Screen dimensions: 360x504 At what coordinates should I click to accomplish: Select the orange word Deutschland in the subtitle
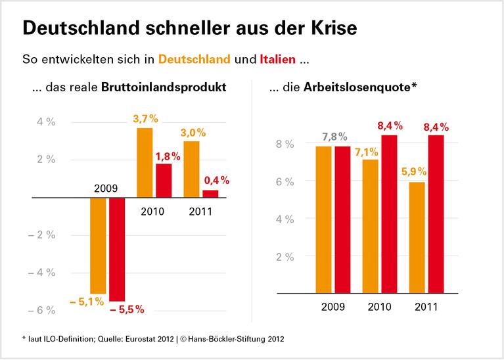pos(195,60)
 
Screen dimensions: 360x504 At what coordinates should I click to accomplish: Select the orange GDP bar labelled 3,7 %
pos(145,162)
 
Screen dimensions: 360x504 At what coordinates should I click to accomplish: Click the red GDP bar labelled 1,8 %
pos(164,180)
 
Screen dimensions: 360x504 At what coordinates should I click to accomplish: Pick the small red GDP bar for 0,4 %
pos(210,193)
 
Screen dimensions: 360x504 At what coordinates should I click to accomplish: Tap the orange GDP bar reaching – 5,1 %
pos(98,245)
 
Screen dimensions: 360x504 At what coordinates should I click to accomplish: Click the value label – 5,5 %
pos(126,309)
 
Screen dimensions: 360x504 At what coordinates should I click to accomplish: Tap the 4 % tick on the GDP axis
pos(45,122)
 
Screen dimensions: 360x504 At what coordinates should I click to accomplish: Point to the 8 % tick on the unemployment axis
pos(284,144)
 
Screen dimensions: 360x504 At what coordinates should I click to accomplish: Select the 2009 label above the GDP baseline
pos(106,189)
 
